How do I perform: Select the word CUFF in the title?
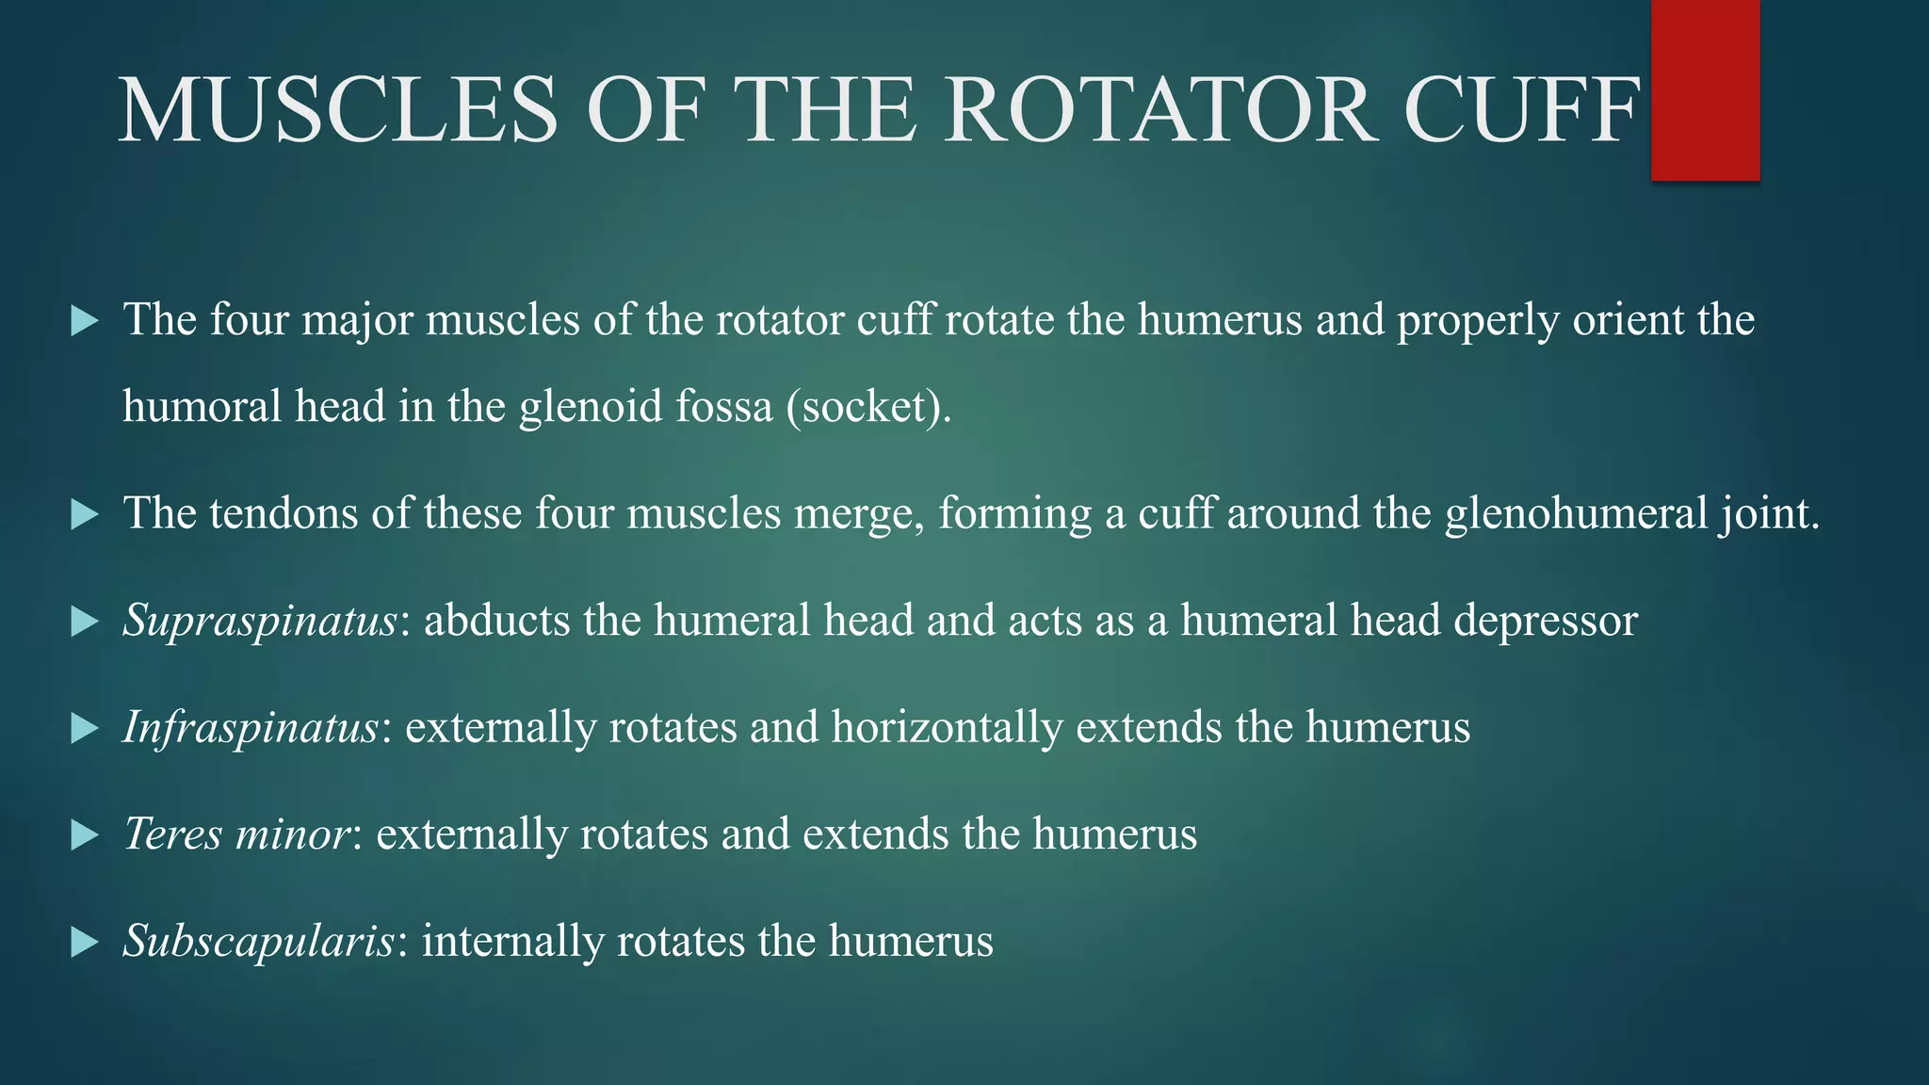[1522, 110]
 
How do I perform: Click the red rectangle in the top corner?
[1705, 89]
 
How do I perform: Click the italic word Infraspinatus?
[251, 728]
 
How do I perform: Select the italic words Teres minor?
[236, 834]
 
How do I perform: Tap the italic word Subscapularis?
[258, 941]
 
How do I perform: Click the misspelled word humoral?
[202, 407]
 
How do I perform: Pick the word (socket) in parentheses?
[868, 407]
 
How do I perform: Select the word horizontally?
[947, 728]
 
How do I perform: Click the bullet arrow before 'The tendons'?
[85, 514]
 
